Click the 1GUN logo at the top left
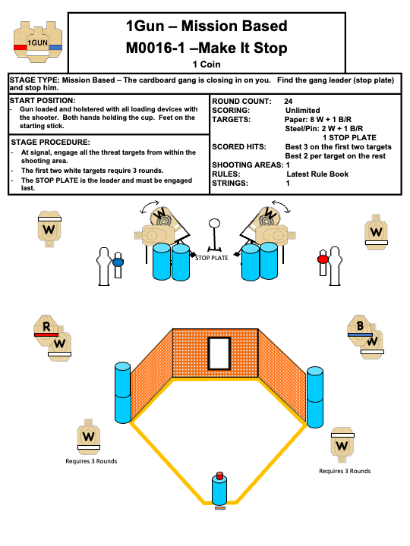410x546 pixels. tap(38, 42)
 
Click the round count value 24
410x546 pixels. tap(288, 102)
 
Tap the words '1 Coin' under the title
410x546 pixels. tap(207, 64)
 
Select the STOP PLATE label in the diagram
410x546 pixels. tap(212, 258)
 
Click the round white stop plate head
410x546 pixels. tap(214, 223)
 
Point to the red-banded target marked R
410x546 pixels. tap(46, 330)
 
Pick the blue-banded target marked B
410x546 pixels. tap(360, 329)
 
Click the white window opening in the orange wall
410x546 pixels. tap(219, 353)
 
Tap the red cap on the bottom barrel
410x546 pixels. tap(219, 475)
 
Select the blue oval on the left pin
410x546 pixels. tap(118, 262)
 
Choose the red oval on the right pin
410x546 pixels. tap(323, 259)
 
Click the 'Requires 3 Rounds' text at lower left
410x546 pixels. tap(91, 461)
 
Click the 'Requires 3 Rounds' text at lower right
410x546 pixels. tap(345, 471)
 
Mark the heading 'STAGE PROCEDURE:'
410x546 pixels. tap(51, 142)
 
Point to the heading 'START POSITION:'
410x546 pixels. tap(43, 101)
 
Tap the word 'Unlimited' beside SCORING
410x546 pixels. tap(303, 111)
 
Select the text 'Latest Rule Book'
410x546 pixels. tap(317, 174)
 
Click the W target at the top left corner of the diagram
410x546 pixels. tap(49, 229)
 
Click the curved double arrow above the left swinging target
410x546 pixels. tap(150, 206)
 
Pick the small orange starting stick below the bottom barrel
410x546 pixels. tap(220, 508)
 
